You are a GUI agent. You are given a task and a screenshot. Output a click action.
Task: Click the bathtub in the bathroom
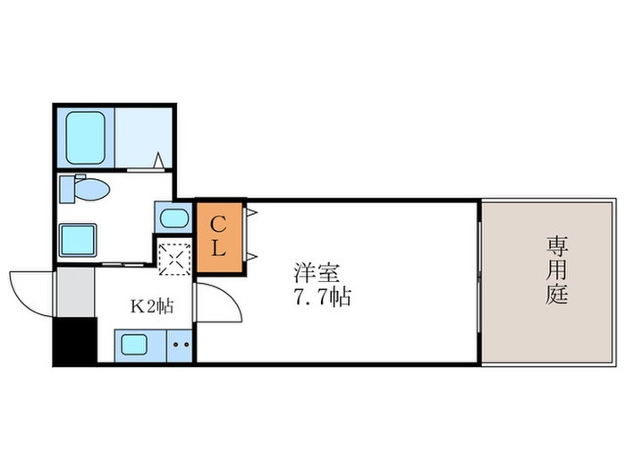(x=86, y=137)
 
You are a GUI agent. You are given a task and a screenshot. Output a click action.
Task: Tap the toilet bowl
(x=93, y=190)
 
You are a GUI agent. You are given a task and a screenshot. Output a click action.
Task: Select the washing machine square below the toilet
(x=78, y=240)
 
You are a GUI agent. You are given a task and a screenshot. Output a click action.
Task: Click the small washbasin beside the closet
(x=173, y=218)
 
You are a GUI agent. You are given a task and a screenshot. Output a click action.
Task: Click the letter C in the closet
(x=217, y=224)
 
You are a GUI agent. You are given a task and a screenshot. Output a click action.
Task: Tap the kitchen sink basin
(x=140, y=345)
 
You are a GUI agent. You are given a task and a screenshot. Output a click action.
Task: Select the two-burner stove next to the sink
(x=180, y=345)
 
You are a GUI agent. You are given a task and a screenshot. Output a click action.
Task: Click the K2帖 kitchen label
(x=152, y=306)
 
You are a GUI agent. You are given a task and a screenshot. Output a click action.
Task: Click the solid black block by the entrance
(x=73, y=342)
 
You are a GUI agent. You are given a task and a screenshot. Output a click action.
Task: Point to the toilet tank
(x=68, y=190)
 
